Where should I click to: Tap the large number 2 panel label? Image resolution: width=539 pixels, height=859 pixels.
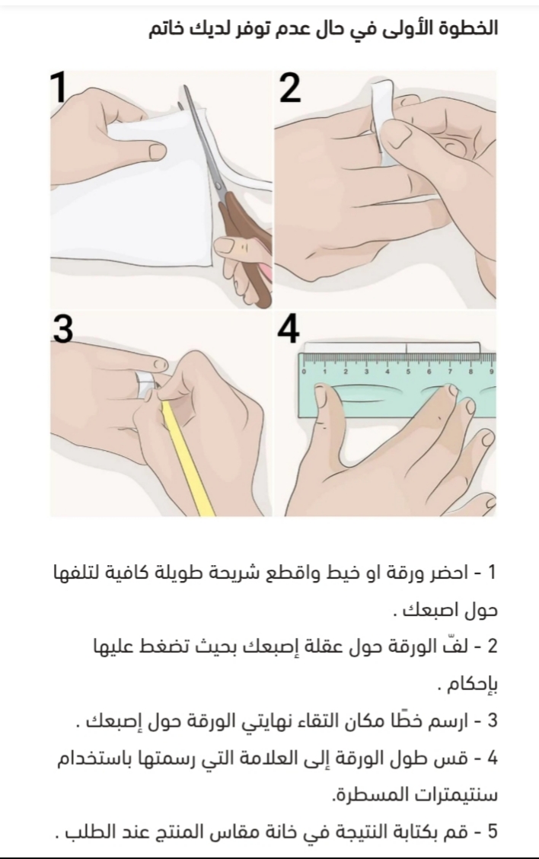click(x=290, y=88)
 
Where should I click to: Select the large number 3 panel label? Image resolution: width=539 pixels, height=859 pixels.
click(x=63, y=330)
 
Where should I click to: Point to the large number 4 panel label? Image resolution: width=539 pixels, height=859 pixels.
click(x=288, y=330)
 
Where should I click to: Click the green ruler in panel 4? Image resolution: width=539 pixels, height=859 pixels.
click(x=398, y=385)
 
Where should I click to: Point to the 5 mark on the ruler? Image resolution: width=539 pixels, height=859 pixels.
click(x=408, y=372)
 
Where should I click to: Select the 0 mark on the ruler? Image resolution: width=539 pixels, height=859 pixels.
click(x=304, y=372)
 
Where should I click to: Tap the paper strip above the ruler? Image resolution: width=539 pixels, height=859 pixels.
click(x=392, y=347)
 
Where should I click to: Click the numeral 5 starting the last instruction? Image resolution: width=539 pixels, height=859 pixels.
click(x=492, y=832)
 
